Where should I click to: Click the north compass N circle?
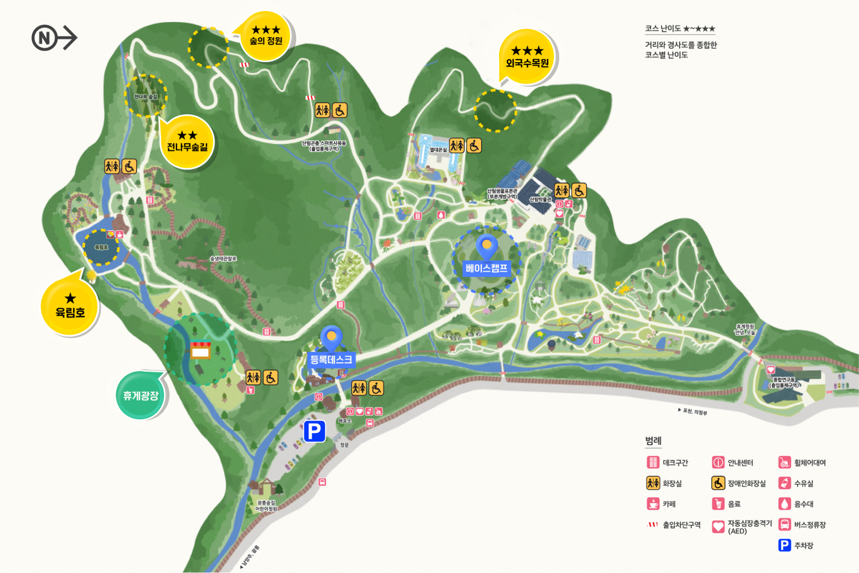(44, 38)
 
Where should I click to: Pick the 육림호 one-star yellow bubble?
(70, 306)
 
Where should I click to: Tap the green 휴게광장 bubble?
(141, 395)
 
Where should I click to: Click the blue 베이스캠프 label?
(486, 268)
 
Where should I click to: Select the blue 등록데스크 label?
(331, 360)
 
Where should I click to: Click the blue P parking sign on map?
(314, 431)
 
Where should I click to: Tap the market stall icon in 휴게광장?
(200, 350)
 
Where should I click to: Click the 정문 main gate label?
(344, 445)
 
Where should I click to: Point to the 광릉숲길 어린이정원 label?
(266, 506)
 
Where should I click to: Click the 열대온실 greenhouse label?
(438, 150)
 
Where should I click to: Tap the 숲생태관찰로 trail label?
(223, 259)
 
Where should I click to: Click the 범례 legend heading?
(653, 440)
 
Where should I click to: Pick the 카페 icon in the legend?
(653, 504)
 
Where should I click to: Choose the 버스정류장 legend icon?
(784, 524)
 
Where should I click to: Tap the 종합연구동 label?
(784, 382)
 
